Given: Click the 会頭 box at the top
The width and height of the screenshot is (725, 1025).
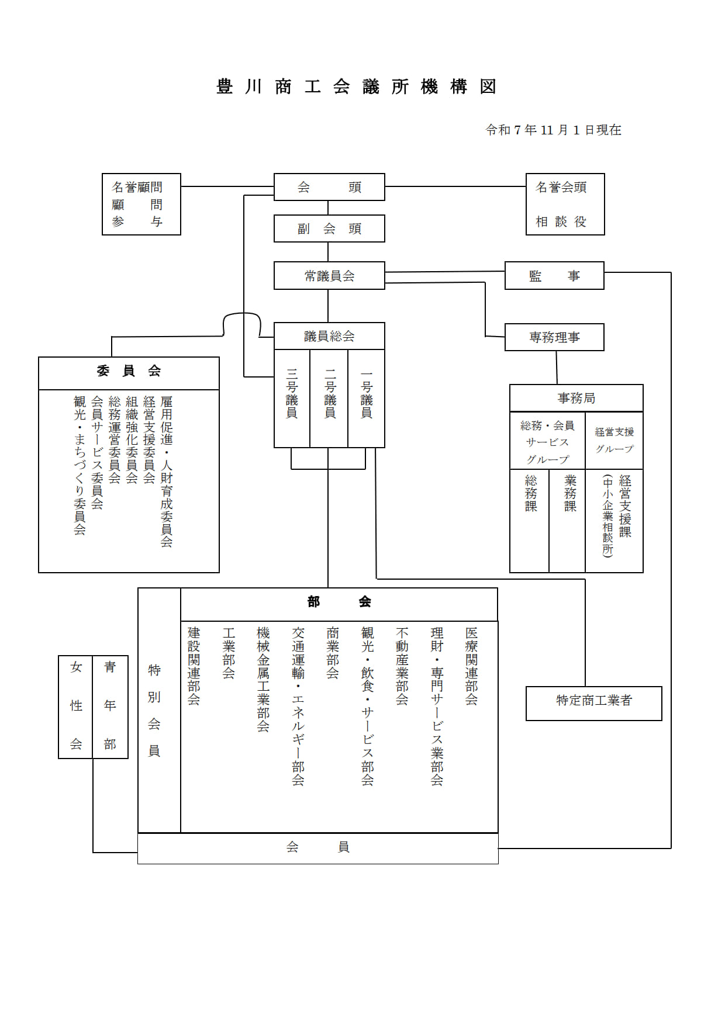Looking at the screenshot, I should click(329, 187).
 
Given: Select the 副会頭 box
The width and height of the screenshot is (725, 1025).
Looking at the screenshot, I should click(329, 228).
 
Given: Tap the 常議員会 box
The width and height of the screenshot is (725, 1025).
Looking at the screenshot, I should click(329, 276).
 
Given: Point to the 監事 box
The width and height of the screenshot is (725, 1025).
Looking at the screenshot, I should click(554, 276).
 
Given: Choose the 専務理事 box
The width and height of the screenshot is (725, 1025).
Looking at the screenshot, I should click(554, 337).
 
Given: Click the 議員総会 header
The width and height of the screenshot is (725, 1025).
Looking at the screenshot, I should click(329, 336).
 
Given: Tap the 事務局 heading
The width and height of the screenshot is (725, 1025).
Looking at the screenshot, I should click(576, 398).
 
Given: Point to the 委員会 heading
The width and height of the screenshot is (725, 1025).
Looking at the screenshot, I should click(129, 371).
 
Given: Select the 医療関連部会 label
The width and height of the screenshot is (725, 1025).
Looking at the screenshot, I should click(472, 666).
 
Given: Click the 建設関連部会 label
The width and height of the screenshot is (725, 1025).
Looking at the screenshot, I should click(194, 666).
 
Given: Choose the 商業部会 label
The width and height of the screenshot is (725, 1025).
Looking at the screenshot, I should click(333, 653).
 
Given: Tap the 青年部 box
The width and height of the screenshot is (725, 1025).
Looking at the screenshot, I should click(110, 706).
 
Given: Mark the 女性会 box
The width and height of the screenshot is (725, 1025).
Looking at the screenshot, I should click(76, 706).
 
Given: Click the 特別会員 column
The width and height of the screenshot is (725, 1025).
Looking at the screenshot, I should click(154, 710).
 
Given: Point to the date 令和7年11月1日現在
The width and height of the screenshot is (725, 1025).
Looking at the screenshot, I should click(553, 130).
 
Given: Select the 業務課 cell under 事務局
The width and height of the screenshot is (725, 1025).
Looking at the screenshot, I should click(570, 494).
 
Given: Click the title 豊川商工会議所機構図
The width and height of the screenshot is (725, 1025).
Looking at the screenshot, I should click(357, 86).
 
